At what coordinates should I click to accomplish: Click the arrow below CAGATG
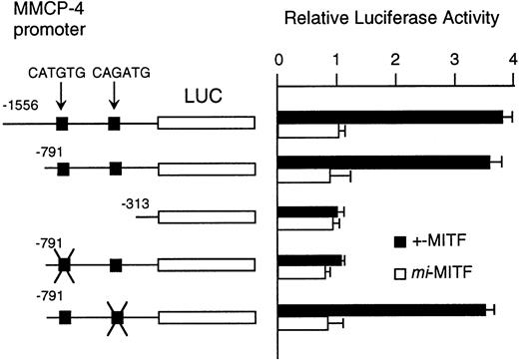pyautogui.click(x=115, y=98)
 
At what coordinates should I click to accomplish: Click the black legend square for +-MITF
pyautogui.click(x=401, y=240)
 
